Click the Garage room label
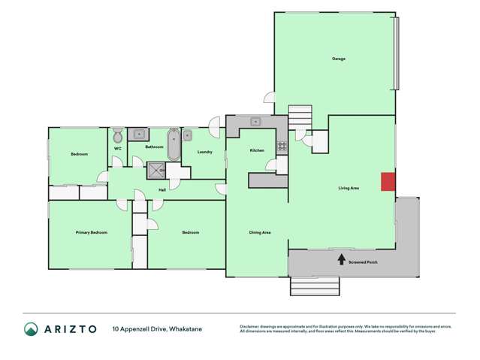point(339,59)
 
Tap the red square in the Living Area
point(388,181)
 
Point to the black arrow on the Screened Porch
point(342,259)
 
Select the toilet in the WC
point(118,137)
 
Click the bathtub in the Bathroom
point(174,145)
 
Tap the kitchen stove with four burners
point(282,146)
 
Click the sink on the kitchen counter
point(256,121)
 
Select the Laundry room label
point(204,153)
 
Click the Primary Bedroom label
point(92,233)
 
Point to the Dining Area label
point(260,233)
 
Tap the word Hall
point(162,189)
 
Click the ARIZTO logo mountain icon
point(31,329)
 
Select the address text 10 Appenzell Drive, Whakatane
point(158,329)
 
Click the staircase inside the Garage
point(300,116)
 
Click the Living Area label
point(349,188)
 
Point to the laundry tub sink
point(188,136)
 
